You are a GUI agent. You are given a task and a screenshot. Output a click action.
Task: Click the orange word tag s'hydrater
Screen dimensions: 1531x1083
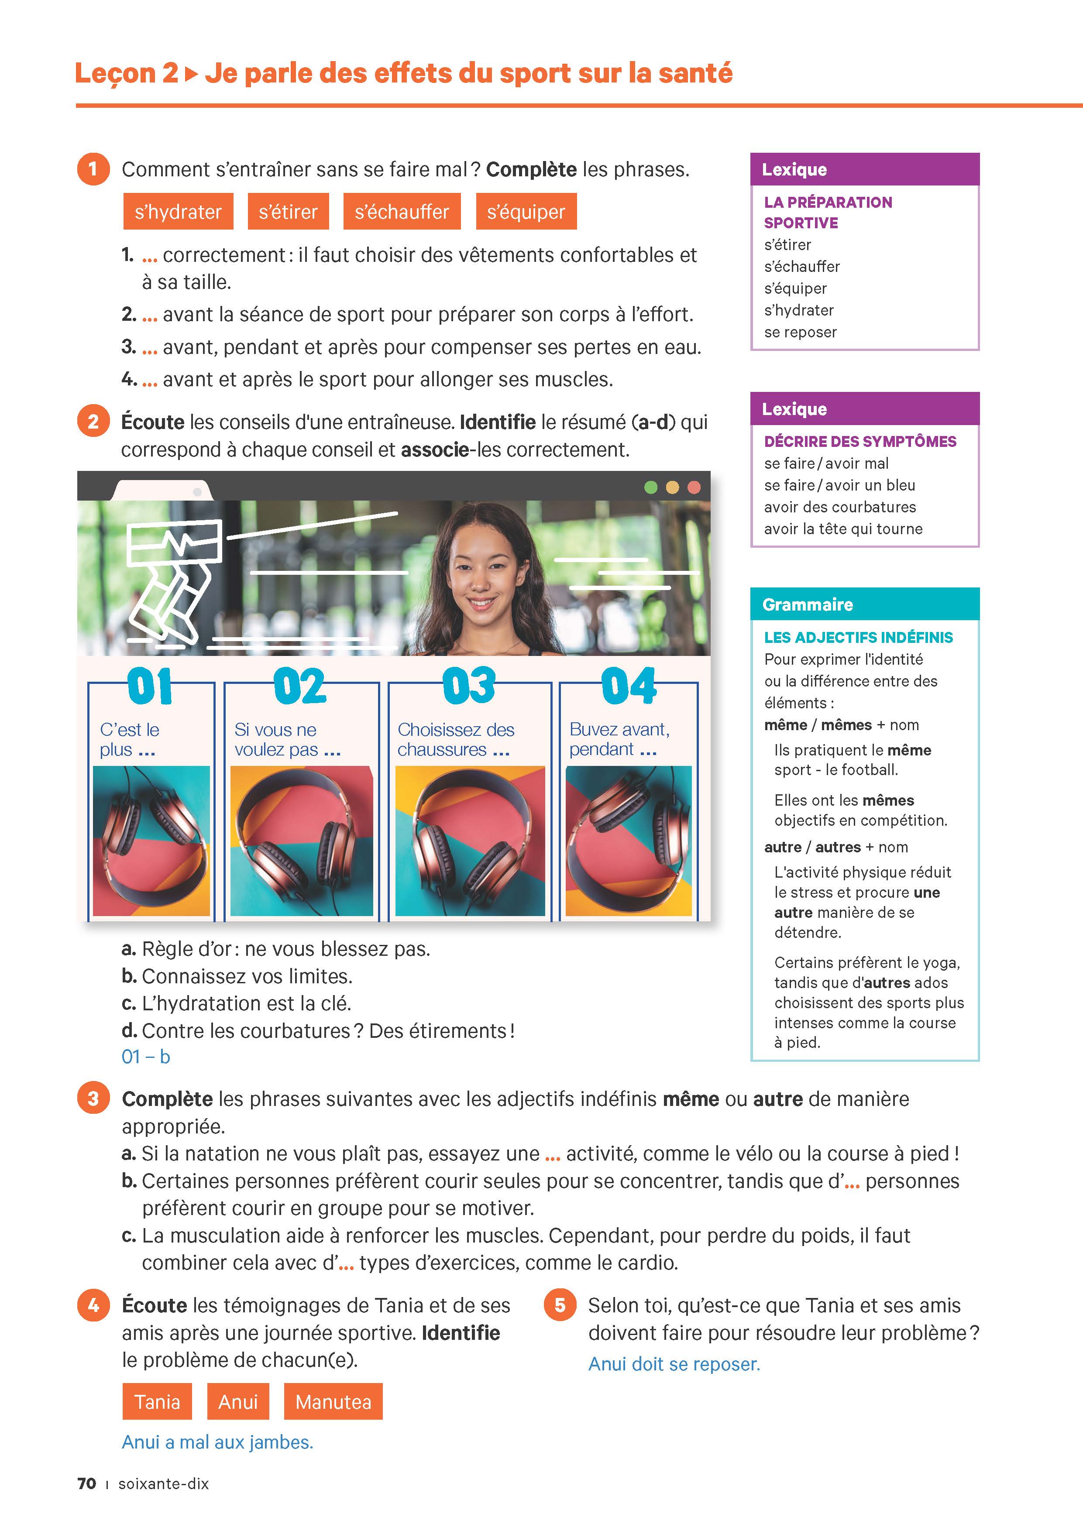click(x=178, y=212)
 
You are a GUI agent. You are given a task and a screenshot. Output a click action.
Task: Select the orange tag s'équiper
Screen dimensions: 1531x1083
click(x=526, y=212)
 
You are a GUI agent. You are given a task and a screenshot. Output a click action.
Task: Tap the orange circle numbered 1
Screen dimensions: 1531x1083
click(x=93, y=169)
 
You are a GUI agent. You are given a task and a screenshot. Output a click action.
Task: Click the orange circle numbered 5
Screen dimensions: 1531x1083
click(x=560, y=1304)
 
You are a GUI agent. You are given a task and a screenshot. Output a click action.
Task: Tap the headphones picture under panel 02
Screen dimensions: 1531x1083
click(x=302, y=841)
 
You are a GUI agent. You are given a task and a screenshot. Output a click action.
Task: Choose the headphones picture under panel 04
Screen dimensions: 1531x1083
click(x=628, y=841)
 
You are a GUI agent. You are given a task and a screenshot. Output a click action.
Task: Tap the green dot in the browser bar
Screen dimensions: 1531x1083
click(x=651, y=487)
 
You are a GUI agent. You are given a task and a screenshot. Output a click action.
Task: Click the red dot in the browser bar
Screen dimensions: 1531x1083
click(x=694, y=487)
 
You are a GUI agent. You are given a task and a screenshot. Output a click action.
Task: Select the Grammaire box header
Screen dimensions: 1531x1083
click(x=864, y=604)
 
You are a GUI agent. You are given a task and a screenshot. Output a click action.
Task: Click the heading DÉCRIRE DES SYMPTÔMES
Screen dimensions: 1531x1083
click(x=860, y=441)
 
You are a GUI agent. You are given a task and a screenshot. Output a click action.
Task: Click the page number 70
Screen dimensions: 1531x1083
click(x=87, y=1484)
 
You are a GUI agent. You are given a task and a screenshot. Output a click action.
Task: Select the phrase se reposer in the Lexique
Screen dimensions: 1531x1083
click(x=800, y=332)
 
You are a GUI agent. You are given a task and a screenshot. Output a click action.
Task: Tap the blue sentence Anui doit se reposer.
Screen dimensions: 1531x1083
click(x=674, y=1364)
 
